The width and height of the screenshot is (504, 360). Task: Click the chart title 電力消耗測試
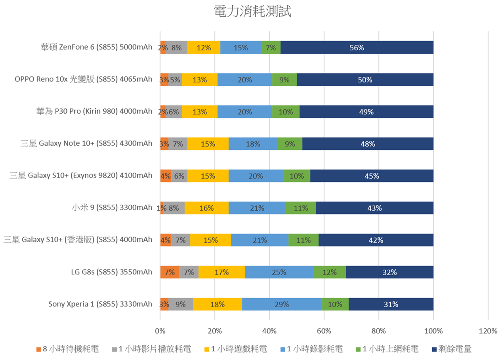click(x=252, y=11)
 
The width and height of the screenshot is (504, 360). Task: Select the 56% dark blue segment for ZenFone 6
click(x=357, y=48)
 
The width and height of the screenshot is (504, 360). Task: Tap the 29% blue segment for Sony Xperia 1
click(x=281, y=304)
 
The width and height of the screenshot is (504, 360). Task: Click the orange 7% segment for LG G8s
click(x=170, y=272)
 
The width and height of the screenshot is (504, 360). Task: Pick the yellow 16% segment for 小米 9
click(x=206, y=208)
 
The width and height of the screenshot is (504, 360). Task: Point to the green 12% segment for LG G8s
click(x=329, y=272)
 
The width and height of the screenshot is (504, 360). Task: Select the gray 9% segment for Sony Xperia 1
click(x=181, y=304)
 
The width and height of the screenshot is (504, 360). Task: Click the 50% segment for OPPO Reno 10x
click(x=365, y=80)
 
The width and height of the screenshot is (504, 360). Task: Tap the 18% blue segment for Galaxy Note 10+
click(x=253, y=144)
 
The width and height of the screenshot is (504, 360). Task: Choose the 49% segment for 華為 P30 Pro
click(x=366, y=112)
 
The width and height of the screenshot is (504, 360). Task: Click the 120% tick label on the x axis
click(x=487, y=331)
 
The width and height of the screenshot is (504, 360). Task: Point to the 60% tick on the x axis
click(x=324, y=331)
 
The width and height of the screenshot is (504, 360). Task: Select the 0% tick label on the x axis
click(x=160, y=331)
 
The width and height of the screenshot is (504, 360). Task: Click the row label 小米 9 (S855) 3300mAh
click(x=112, y=208)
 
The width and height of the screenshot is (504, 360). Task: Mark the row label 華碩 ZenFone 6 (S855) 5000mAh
click(x=96, y=47)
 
